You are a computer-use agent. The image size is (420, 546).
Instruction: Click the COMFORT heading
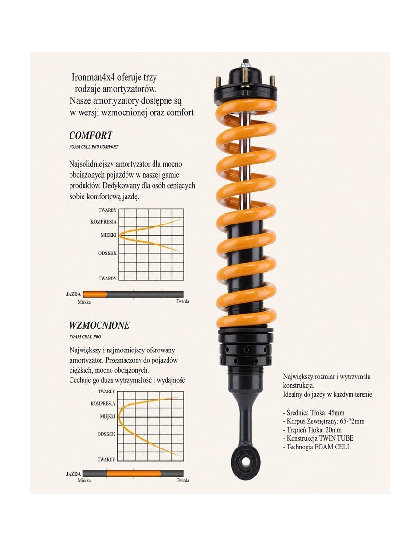tap(91, 135)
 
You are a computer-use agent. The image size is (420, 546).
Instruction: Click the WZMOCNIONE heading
tap(99, 325)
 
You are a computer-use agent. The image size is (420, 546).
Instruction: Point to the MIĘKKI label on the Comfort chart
tap(109, 235)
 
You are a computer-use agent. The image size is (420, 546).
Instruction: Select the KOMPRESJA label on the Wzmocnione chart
tap(103, 403)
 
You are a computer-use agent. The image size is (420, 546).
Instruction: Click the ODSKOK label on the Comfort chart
tap(107, 253)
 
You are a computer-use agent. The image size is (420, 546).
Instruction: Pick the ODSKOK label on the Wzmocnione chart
tap(106, 434)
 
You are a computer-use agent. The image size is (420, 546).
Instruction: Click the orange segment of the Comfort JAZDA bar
tap(95, 294)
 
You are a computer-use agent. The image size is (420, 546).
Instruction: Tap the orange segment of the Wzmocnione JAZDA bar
tap(134, 474)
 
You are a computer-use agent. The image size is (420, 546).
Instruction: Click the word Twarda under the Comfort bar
tap(182, 301)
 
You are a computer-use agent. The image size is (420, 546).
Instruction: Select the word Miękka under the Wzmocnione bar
tap(84, 480)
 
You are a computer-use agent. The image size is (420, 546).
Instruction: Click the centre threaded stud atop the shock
tap(245, 63)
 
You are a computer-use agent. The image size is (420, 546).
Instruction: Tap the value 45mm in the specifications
tap(336, 413)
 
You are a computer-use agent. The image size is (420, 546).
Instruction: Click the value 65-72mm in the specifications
tap(351, 421)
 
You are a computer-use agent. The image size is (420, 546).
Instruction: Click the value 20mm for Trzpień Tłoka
tap(334, 430)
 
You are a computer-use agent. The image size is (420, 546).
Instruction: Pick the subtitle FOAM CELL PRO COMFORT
tap(94, 147)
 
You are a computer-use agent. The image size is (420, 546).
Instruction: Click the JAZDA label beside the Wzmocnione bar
tap(73, 474)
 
